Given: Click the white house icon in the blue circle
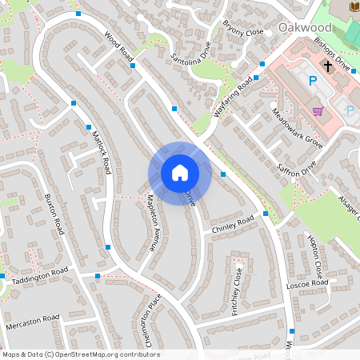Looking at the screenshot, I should (179, 173).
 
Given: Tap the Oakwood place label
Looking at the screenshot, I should (305, 27).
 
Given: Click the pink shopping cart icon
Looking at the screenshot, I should (318, 110).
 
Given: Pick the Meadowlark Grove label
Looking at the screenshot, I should (297, 128).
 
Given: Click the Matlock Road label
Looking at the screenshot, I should (101, 153).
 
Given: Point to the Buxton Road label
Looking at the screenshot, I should (54, 214).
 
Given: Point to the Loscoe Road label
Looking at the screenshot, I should (307, 284).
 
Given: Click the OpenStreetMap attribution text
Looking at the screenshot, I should (80, 354).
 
